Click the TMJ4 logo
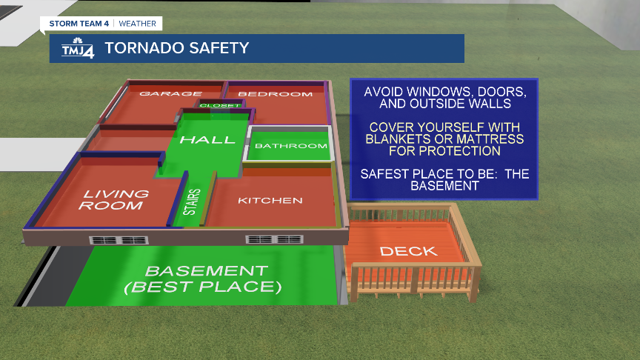(76, 48)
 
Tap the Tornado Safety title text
(176, 48)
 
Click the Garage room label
(171, 94)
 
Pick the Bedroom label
(275, 94)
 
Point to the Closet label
(220, 106)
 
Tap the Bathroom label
(290, 146)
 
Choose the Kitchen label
(270, 200)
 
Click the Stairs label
(190, 203)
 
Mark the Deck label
(408, 251)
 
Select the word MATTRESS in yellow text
(490, 139)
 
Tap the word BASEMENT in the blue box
(444, 186)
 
